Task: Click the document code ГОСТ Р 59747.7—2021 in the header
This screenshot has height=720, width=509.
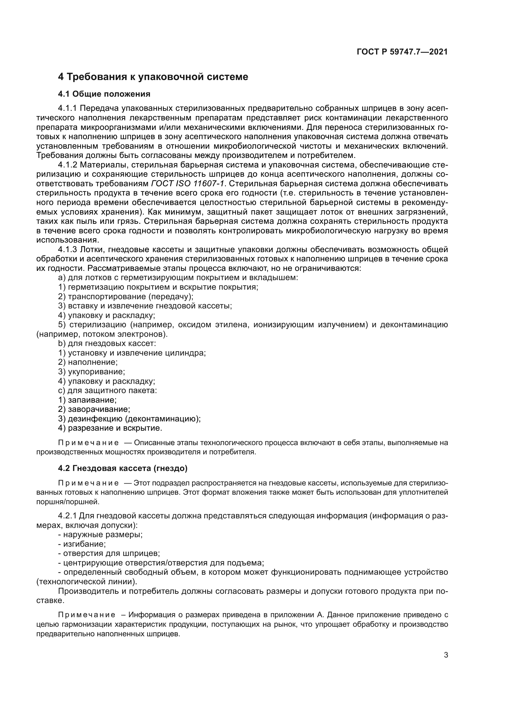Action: point(402,52)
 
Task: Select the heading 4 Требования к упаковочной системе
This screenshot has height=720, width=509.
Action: point(153,77)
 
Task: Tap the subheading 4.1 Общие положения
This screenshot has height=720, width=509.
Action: point(104,94)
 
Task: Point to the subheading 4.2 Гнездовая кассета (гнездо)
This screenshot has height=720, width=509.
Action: point(122,469)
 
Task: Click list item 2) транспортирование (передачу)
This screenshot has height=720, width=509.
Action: point(126,297)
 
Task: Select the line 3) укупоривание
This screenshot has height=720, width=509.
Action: point(91,372)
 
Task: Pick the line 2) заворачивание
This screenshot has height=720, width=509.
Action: point(94,409)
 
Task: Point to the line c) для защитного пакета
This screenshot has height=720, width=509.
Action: point(107,391)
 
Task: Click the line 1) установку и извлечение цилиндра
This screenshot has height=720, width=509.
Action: point(132,353)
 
